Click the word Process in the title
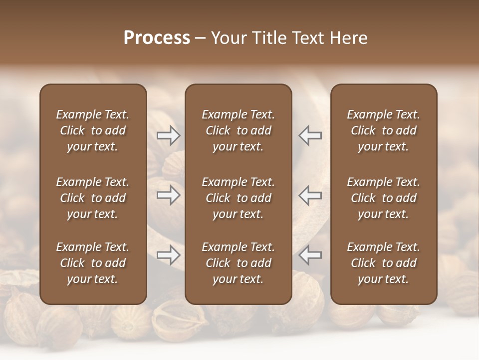tap(157, 38)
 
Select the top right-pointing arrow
tap(169, 135)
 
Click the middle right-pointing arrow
tap(169, 195)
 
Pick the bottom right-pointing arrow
tap(169, 255)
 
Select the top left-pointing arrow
tap(310, 135)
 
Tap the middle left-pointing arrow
tap(310, 195)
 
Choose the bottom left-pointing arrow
tap(310, 255)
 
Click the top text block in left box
tap(93, 130)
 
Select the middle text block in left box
tap(93, 198)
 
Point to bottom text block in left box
tap(93, 263)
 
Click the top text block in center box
tap(238, 130)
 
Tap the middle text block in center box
tap(238, 198)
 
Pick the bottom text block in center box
tap(238, 263)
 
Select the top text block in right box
tap(383, 130)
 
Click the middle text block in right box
tap(383, 198)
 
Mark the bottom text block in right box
tap(383, 263)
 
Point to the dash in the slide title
tap(201, 38)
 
